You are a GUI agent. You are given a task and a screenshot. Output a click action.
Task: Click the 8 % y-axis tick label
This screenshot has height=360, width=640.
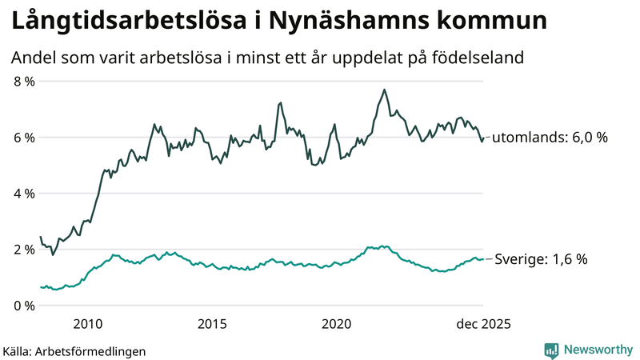tap(24, 82)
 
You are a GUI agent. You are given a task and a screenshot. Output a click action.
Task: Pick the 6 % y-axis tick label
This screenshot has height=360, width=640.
tap(24, 138)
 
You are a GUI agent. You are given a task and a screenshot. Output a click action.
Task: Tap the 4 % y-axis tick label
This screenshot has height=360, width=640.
tap(24, 194)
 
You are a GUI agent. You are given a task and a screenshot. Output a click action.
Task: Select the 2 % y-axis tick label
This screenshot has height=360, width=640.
tap(24, 250)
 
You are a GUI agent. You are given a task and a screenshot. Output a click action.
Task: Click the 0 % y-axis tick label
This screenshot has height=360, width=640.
tap(24, 306)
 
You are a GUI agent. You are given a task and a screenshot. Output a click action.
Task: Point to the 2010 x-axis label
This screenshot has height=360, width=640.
tap(88, 324)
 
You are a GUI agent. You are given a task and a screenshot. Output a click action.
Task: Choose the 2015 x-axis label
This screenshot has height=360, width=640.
tap(212, 324)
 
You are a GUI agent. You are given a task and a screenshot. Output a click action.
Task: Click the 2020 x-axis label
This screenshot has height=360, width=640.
tap(337, 324)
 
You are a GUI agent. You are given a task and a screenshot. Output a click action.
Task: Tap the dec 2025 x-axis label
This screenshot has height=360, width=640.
tap(483, 324)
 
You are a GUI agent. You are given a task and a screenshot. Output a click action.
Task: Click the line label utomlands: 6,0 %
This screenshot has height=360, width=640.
tap(550, 138)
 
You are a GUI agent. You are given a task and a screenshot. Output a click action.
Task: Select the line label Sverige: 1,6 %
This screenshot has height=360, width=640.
tap(542, 259)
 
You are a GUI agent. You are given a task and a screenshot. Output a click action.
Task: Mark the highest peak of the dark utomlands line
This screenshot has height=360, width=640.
tap(385, 90)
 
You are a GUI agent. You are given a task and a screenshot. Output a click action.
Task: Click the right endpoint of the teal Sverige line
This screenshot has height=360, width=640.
tap(483, 259)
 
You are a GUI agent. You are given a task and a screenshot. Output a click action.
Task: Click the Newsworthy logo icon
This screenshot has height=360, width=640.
tap(551, 350)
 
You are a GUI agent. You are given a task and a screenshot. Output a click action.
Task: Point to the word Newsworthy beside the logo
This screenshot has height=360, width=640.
tap(597, 350)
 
